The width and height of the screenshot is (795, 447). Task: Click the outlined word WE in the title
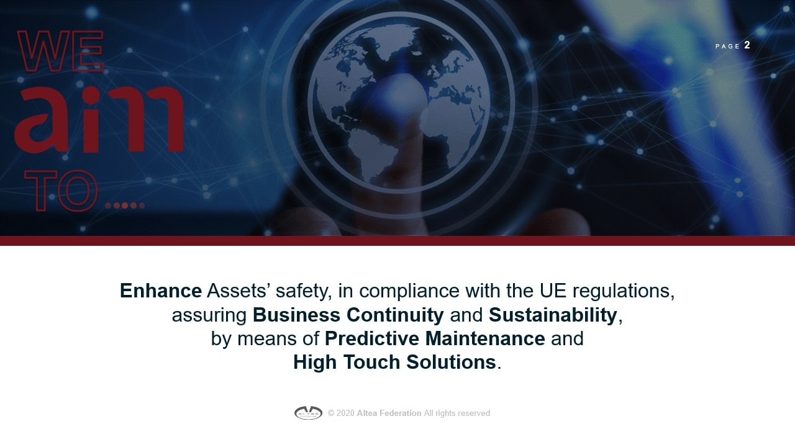click(x=60, y=51)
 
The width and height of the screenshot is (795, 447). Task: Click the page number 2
click(x=747, y=45)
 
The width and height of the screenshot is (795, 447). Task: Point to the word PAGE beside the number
click(x=727, y=47)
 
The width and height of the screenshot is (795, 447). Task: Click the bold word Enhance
click(x=161, y=291)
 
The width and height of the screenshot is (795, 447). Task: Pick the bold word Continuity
click(x=395, y=315)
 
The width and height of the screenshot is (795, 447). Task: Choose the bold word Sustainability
click(x=553, y=315)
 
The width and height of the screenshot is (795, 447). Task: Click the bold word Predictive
click(x=372, y=338)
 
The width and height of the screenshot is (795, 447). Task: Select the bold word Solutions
click(x=451, y=363)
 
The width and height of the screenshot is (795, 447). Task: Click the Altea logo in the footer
click(x=308, y=413)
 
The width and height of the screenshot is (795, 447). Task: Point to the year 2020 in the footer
click(x=345, y=413)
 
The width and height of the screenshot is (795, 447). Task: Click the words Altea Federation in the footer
click(x=389, y=413)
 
